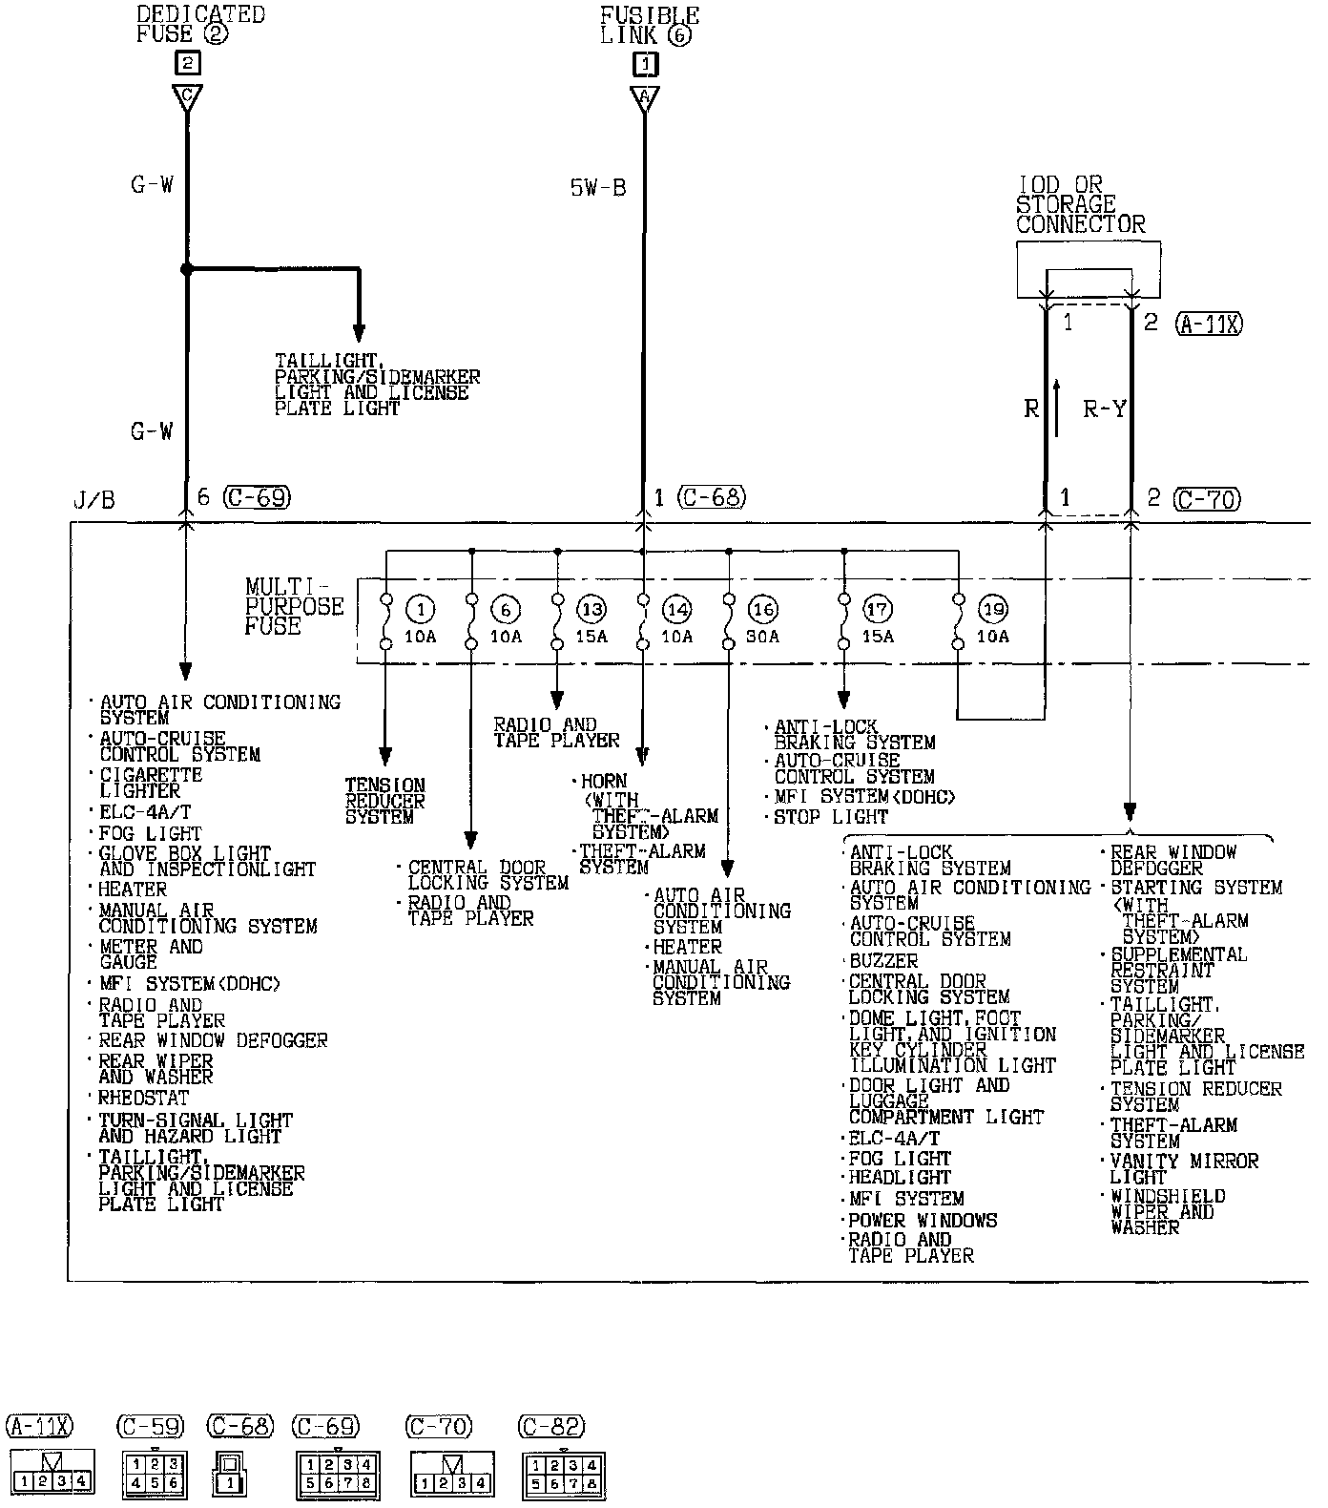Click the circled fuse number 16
[763, 610]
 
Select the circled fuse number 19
[993, 610]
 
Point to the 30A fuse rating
[762, 637]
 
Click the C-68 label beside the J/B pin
[713, 497]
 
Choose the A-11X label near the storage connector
[1209, 324]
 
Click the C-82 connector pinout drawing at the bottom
[564, 1475]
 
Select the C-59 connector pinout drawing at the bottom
[154, 1475]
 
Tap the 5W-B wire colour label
[598, 188]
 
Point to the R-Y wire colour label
[1105, 409]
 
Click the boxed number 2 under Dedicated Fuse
[187, 63]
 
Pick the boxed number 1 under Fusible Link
[645, 63]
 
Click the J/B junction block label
[93, 501]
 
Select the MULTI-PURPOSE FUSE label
[294, 607]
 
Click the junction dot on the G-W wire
[187, 270]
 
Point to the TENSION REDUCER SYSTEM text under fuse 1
[385, 802]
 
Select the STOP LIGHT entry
[830, 817]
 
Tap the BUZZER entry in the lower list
[883, 961]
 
